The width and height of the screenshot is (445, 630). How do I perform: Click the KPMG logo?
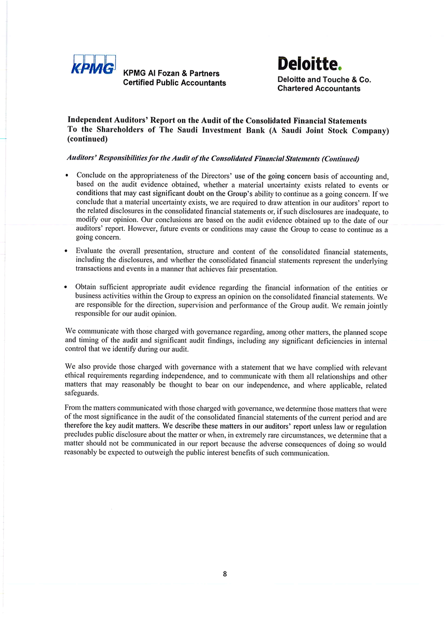(93, 66)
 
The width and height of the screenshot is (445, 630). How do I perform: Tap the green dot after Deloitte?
(340, 68)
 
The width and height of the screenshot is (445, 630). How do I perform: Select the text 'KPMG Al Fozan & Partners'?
(171, 74)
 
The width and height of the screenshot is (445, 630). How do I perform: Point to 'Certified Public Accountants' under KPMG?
(174, 83)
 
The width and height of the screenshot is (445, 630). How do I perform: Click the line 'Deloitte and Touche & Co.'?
(324, 80)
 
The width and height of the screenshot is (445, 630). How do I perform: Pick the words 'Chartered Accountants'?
(319, 89)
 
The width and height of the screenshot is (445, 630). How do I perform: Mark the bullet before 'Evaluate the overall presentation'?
(68, 252)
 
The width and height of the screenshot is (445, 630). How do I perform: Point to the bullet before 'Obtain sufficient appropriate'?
(68, 287)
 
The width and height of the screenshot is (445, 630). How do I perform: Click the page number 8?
(225, 574)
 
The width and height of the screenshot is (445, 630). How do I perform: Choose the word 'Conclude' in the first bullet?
(92, 175)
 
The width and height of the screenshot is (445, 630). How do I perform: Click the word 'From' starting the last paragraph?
(74, 408)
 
